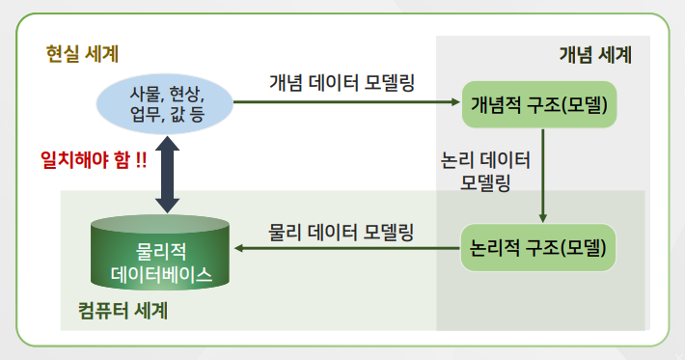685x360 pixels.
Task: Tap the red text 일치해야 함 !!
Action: [x=94, y=159]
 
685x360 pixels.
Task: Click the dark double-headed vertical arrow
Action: [x=168, y=174]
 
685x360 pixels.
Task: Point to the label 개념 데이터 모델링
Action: [x=342, y=81]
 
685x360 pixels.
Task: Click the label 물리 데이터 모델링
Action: [x=342, y=231]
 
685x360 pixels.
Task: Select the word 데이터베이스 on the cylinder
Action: [x=161, y=274]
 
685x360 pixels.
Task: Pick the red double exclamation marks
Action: [x=140, y=159]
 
